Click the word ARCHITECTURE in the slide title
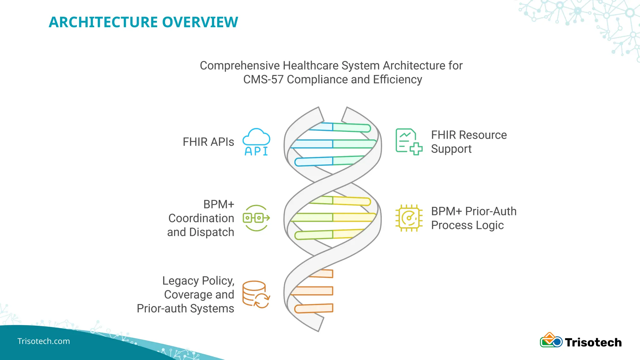103,22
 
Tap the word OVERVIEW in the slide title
200,22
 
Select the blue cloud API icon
256,142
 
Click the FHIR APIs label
208,142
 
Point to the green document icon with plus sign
409,142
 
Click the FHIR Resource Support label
469,142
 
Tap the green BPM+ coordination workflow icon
256,218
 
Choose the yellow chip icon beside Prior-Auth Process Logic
409,218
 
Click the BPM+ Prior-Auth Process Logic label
473,218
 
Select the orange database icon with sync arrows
256,294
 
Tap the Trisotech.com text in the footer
44,341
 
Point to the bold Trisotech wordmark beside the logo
593,342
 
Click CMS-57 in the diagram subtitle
263,79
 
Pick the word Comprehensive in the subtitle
240,66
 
